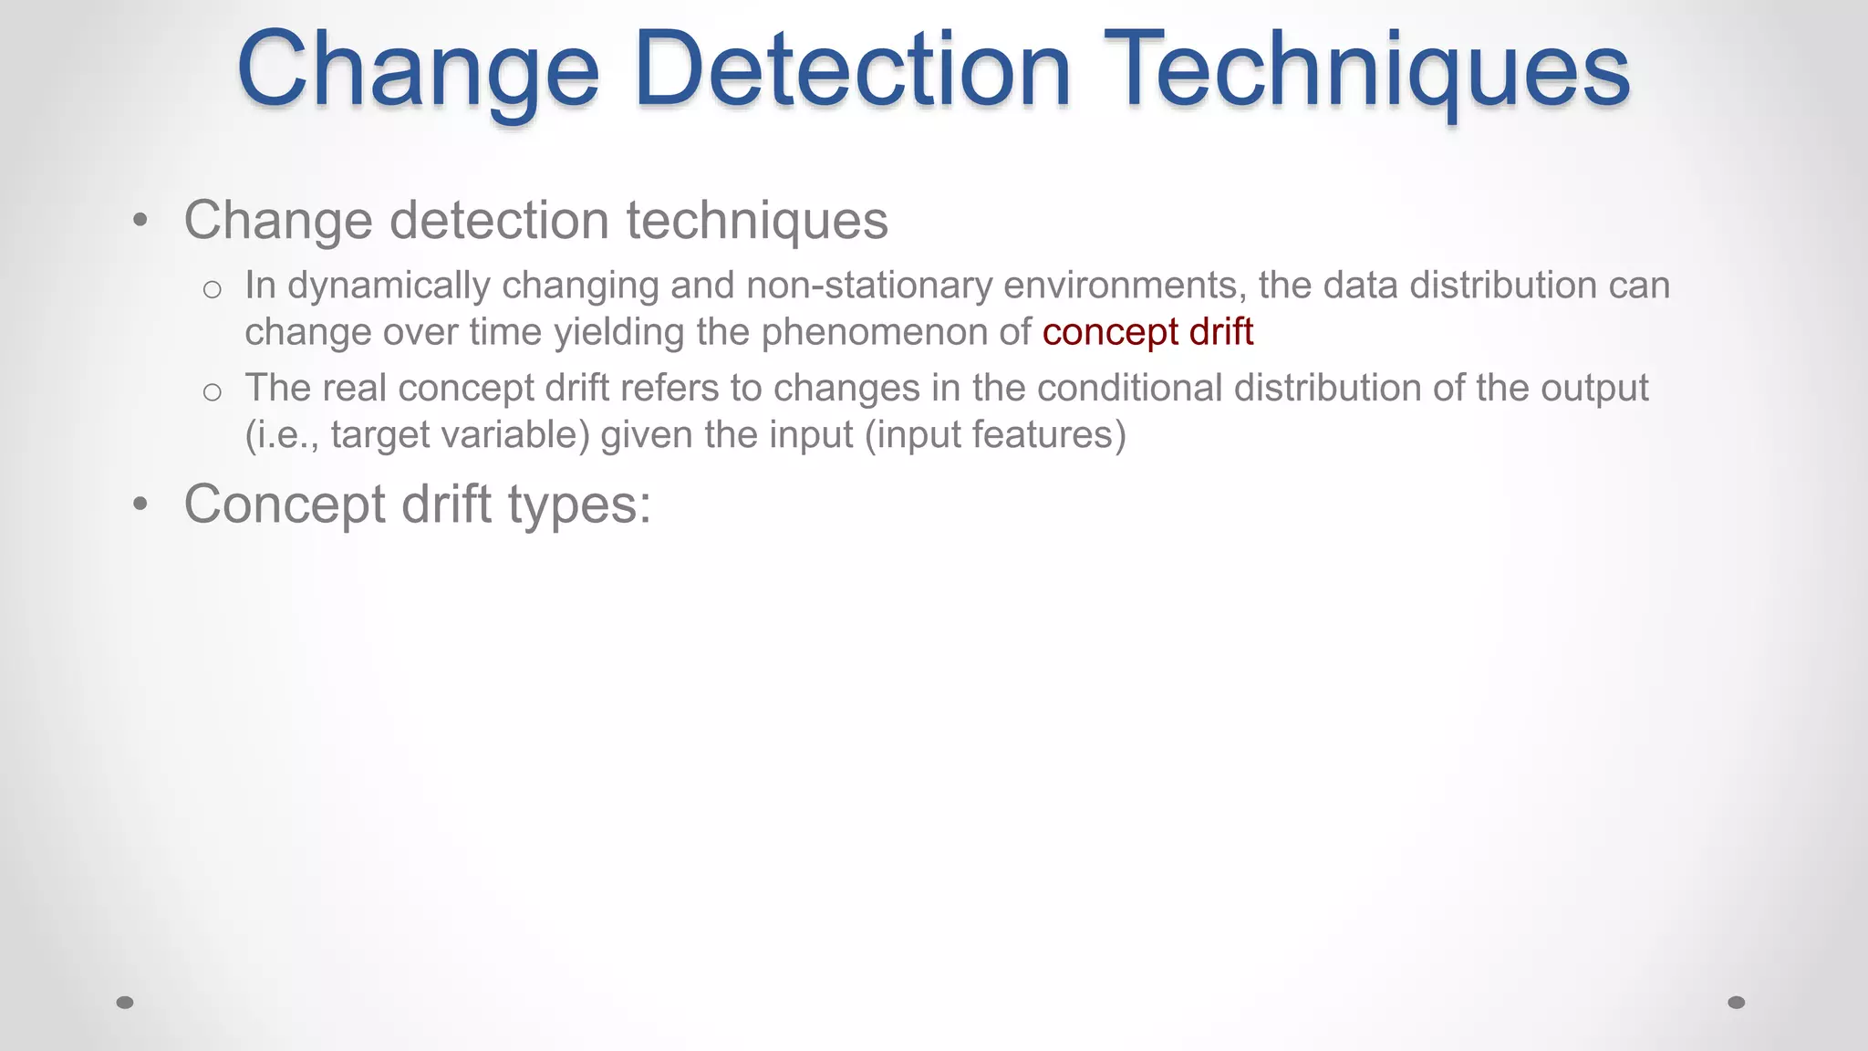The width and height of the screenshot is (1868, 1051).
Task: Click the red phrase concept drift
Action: [1147, 332]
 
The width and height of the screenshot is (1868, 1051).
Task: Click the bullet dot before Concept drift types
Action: [140, 505]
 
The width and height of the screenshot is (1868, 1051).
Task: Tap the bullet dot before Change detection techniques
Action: [140, 220]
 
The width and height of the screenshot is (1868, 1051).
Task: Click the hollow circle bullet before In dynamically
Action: [213, 290]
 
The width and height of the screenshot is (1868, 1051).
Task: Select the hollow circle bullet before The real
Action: [213, 392]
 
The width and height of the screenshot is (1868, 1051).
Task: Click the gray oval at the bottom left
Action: [125, 1003]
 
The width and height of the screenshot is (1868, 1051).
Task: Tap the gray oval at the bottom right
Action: [1737, 1003]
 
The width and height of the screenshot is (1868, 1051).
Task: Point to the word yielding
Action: [619, 332]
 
